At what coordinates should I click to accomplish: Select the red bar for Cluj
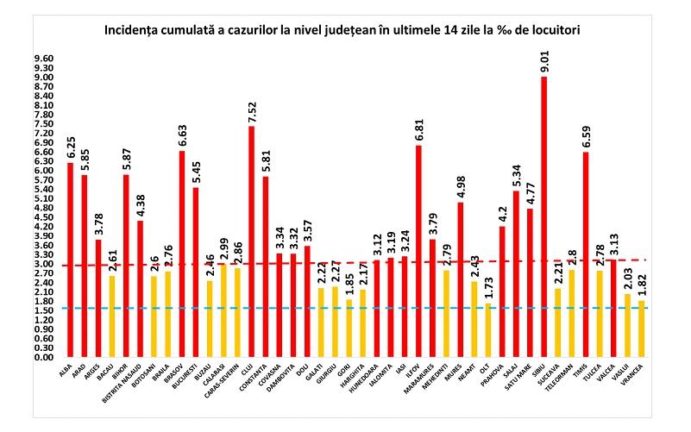tap(251, 241)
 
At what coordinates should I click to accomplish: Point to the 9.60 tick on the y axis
tap(43, 59)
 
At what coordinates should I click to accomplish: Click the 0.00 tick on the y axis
tap(43, 358)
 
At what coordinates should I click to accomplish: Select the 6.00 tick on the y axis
tap(43, 171)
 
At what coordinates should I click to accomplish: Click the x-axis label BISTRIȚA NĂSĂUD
tap(128, 386)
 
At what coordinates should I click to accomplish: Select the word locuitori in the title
tap(553, 29)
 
